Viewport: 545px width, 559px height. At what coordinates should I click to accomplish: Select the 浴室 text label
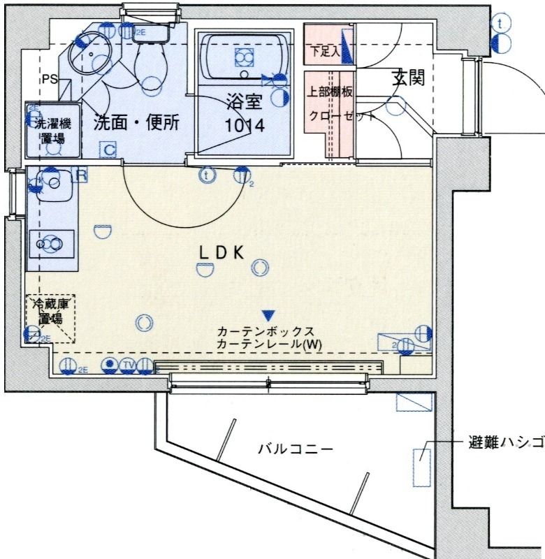point(244,103)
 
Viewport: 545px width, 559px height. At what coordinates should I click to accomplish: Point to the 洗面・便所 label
point(137,123)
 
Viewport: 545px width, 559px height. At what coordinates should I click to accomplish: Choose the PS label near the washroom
point(49,79)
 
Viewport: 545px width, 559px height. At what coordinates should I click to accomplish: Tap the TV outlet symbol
point(128,364)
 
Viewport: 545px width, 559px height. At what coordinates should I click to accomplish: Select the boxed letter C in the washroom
point(107,149)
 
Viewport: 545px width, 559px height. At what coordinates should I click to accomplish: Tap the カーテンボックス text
point(266,331)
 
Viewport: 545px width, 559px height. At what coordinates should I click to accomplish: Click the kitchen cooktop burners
point(51,243)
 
